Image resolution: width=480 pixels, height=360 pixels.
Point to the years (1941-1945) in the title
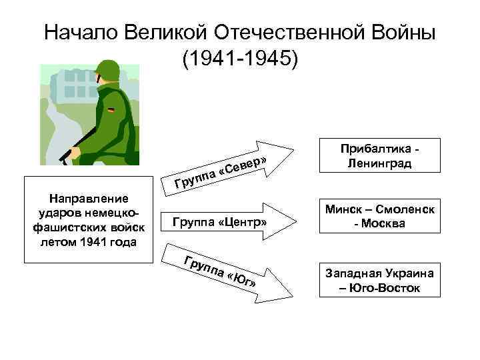240,59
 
